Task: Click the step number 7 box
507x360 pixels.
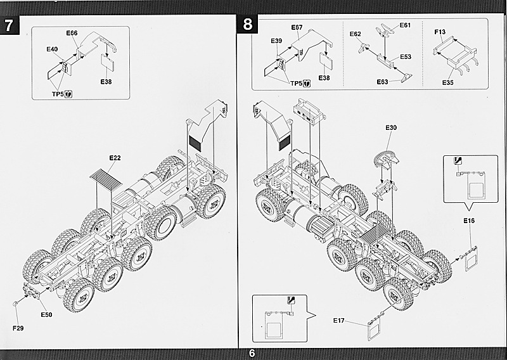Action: click(8, 26)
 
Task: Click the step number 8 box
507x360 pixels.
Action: click(247, 26)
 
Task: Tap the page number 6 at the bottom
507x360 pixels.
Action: click(252, 354)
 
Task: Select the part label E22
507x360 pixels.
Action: click(115, 157)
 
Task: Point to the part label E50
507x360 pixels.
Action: click(46, 314)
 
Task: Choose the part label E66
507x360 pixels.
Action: click(71, 33)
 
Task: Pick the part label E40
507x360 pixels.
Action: click(52, 49)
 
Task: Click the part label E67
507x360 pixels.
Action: click(297, 27)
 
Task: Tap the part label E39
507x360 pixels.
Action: click(276, 41)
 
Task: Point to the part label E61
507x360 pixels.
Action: click(405, 26)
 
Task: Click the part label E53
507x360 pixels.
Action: click(406, 57)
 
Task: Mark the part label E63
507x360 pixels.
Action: click(382, 82)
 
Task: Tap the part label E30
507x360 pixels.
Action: click(391, 127)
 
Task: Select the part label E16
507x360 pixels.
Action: click(469, 221)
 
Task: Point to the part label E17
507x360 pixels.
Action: click(339, 320)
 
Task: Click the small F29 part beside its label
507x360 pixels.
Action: click(14, 305)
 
